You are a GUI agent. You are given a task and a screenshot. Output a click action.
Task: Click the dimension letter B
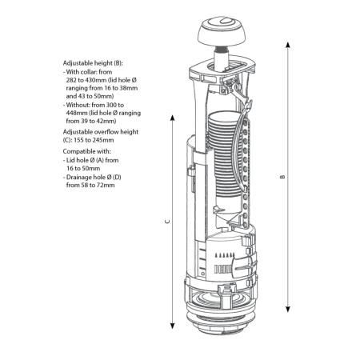point(283,177)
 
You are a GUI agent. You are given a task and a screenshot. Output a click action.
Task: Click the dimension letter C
point(167,221)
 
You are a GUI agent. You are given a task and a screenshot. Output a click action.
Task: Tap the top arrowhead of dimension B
point(287,45)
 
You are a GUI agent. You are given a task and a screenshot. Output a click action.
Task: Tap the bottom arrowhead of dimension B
point(287,309)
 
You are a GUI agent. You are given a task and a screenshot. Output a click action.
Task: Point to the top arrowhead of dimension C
point(172,118)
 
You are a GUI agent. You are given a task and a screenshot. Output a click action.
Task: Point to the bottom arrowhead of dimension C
point(172,326)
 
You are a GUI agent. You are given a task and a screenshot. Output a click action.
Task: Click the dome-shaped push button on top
point(221,31)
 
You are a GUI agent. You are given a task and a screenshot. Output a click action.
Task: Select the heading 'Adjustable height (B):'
point(93,63)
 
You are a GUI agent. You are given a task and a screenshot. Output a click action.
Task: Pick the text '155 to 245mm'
point(94,140)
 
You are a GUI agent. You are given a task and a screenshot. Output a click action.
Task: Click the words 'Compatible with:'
point(86,151)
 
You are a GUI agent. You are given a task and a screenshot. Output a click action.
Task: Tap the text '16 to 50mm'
point(83,168)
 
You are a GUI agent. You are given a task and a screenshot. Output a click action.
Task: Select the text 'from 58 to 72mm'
point(90,185)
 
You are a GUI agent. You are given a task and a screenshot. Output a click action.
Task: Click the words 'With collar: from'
point(89,72)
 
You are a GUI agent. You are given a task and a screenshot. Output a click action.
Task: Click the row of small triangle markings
point(225,255)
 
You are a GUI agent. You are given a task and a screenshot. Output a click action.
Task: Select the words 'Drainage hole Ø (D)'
point(94,177)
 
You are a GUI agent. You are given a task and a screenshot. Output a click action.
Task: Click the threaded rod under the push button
point(222,48)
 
